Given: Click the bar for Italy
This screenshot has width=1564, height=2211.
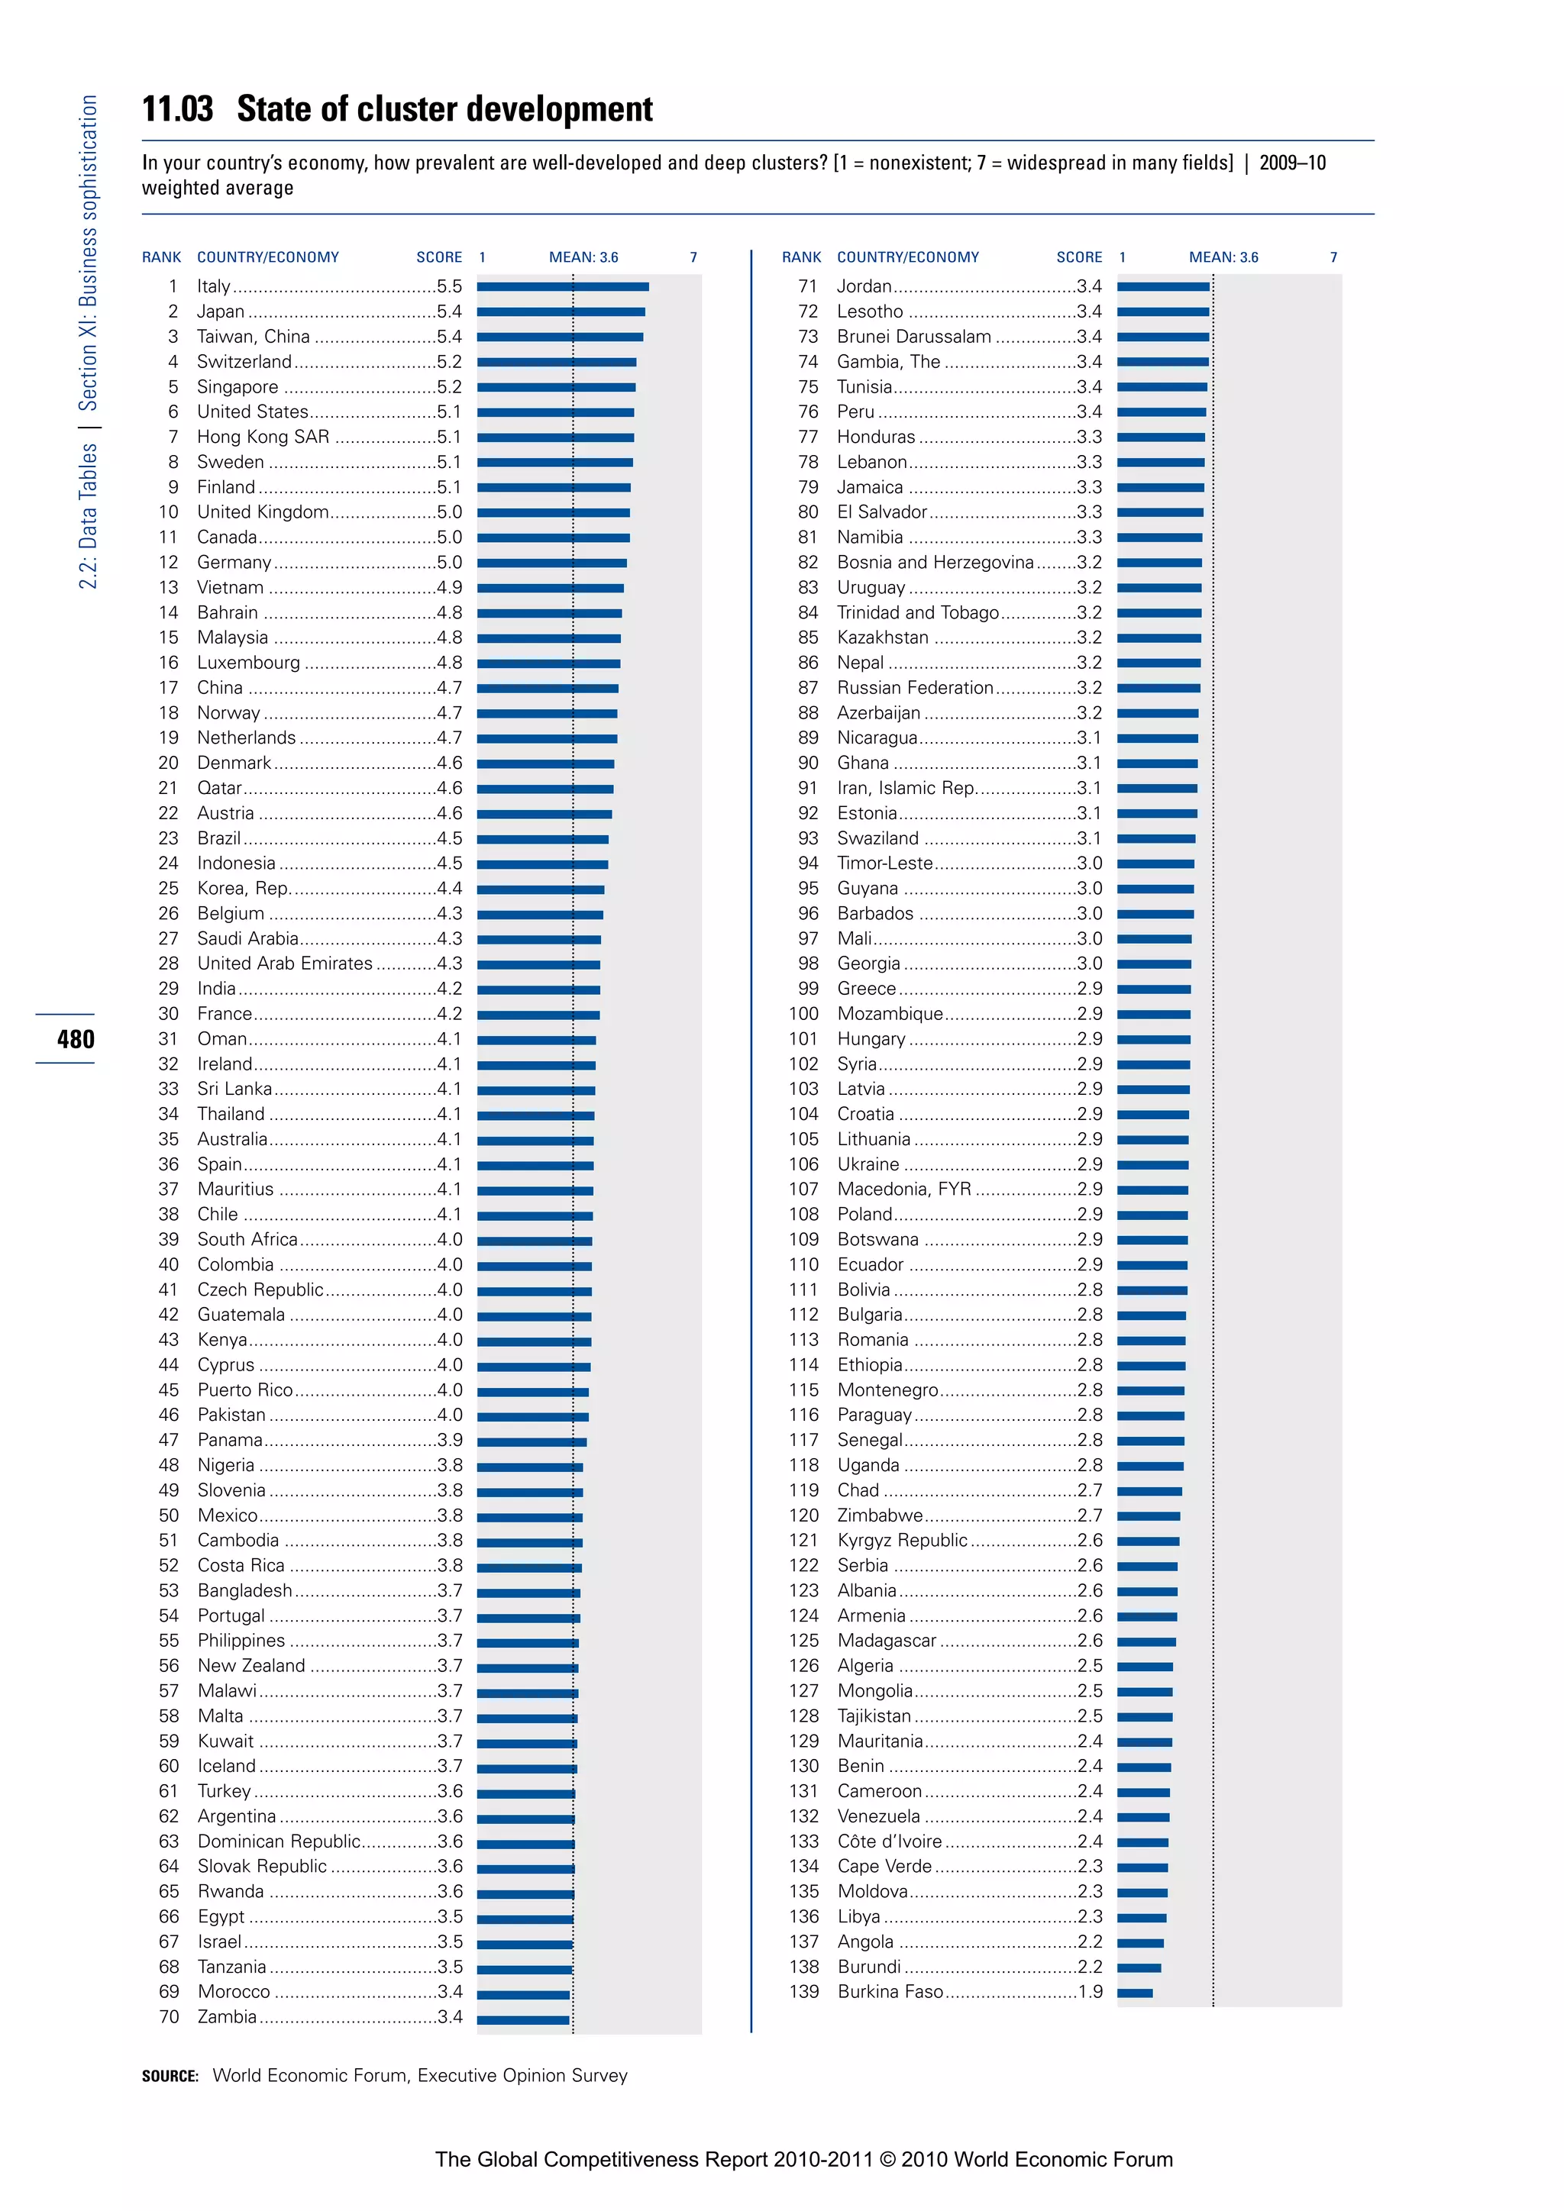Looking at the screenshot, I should click(562, 286).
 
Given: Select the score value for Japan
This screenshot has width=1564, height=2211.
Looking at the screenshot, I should click(449, 311).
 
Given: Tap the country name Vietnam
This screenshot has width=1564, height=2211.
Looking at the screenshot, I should click(230, 587).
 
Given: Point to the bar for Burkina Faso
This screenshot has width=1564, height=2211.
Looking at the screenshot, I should click(1135, 1993).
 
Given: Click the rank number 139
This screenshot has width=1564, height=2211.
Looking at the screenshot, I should click(804, 1991).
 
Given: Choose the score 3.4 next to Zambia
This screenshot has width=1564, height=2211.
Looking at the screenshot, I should click(449, 2016).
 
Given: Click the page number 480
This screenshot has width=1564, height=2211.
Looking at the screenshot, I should click(75, 1039).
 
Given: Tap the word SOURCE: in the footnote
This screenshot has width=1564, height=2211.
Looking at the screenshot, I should click(170, 2076).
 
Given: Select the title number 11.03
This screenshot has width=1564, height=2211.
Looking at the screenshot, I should click(177, 109).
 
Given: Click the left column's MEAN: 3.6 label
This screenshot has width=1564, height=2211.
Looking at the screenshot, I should click(583, 257).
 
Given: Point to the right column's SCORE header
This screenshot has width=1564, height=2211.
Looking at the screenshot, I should click(1078, 257).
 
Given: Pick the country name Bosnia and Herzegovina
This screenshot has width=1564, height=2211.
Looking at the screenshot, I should click(934, 563).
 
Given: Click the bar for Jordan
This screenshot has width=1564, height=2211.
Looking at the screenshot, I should click(1162, 286).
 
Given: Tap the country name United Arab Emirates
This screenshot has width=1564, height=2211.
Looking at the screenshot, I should click(284, 963).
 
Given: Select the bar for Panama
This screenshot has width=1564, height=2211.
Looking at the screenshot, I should click(532, 1441).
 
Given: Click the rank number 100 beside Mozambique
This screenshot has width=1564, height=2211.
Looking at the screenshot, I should click(804, 1013).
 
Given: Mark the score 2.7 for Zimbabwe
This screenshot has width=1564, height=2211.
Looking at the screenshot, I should click(1089, 1515).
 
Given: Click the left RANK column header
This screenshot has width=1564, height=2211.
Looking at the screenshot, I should click(161, 257).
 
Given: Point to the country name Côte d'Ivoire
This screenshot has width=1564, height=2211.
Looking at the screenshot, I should click(889, 1841).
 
